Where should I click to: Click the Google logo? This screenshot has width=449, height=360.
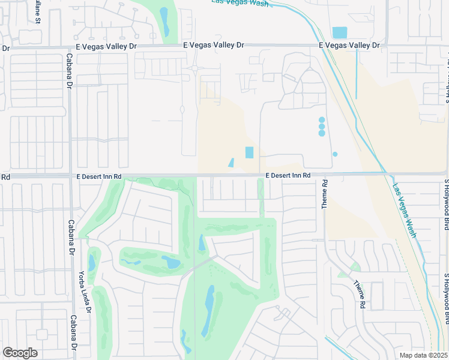coord(20,353)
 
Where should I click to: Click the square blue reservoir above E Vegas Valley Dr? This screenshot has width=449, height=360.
coord(339,32)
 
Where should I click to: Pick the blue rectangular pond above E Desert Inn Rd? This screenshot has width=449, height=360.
coord(249,152)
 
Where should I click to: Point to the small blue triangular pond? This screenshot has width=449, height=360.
coord(231,163)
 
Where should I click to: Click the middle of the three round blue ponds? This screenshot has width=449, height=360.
coord(322,127)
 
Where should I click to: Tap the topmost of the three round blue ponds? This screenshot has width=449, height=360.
coord(322,120)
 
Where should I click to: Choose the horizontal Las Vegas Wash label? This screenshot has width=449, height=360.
coord(240,3)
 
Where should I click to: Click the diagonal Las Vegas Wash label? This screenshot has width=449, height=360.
coord(404,210)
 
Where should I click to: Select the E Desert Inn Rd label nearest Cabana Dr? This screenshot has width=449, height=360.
coord(99,176)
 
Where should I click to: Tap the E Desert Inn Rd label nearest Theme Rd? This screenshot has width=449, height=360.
coord(288,175)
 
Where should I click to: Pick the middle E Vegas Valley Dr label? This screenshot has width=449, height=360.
coord(214,45)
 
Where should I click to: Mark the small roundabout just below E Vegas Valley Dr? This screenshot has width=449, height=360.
coord(195,69)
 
